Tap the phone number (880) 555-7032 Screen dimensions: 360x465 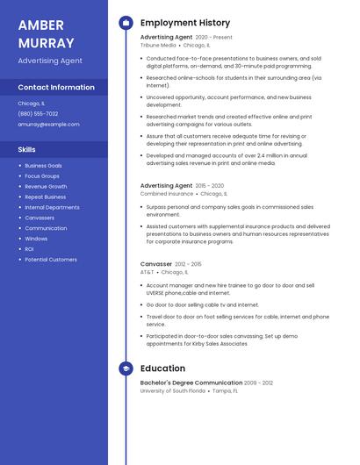(x=38, y=114)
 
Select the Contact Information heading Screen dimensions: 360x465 (x=56, y=88)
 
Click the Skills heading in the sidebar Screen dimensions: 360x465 (x=26, y=150)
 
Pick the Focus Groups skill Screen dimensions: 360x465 (x=42, y=175)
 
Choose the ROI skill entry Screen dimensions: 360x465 (x=29, y=249)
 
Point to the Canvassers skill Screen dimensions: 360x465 (x=40, y=218)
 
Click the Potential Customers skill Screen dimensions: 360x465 (x=51, y=260)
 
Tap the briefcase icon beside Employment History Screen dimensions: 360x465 (x=126, y=23)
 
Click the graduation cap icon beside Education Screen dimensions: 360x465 (x=126, y=368)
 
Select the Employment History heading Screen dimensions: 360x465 (x=185, y=23)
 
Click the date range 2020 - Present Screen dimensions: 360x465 (x=214, y=38)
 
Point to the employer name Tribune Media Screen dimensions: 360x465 (x=158, y=45)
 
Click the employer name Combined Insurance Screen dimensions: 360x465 (x=166, y=193)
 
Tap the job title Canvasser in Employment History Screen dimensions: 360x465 (x=155, y=264)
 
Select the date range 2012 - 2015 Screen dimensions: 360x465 (x=188, y=264)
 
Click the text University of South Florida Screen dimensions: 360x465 (x=173, y=390)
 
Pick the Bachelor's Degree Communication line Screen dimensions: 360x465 (x=191, y=383)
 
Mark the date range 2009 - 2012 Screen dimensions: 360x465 (x=259, y=383)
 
